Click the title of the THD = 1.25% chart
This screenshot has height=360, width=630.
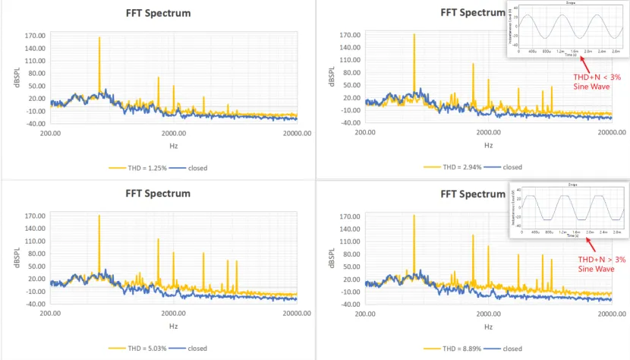(158, 14)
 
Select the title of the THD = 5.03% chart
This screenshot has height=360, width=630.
(158, 194)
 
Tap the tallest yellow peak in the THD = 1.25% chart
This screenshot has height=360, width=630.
(99, 38)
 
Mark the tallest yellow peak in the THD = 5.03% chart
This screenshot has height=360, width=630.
(99, 217)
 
